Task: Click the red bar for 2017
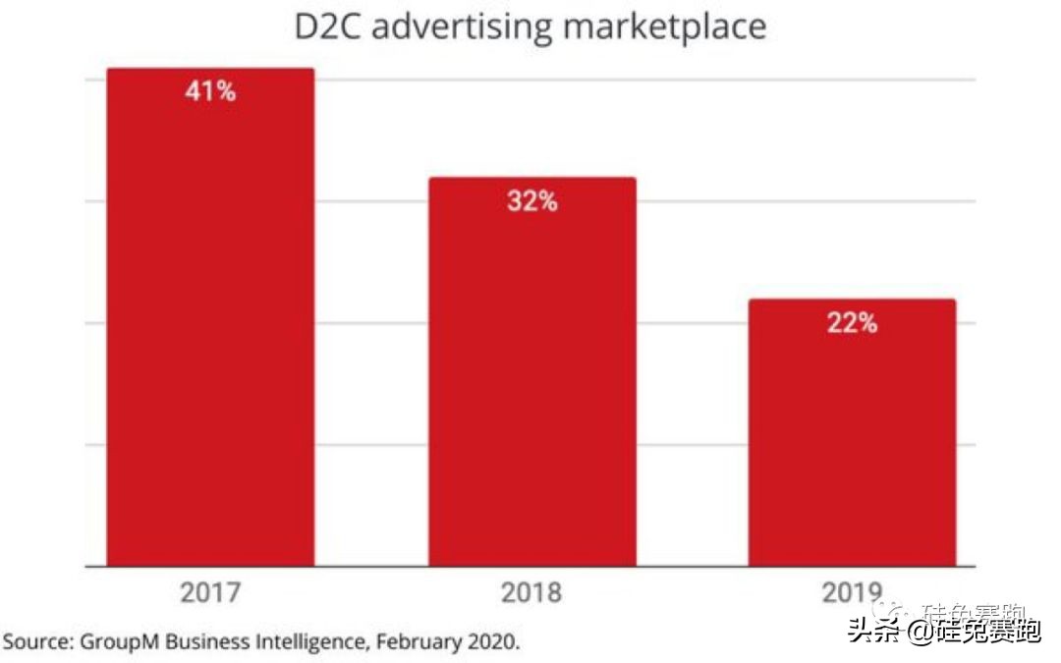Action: tap(210, 324)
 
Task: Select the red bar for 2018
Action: tap(531, 383)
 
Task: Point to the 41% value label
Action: tap(210, 92)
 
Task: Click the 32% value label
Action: tap(531, 202)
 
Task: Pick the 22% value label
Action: tap(852, 323)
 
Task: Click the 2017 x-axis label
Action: tap(210, 593)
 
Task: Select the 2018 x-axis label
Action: tap(531, 593)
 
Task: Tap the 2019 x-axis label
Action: tap(852, 593)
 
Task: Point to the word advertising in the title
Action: tap(462, 28)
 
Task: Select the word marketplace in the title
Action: tap(664, 28)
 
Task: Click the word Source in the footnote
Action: tap(36, 642)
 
